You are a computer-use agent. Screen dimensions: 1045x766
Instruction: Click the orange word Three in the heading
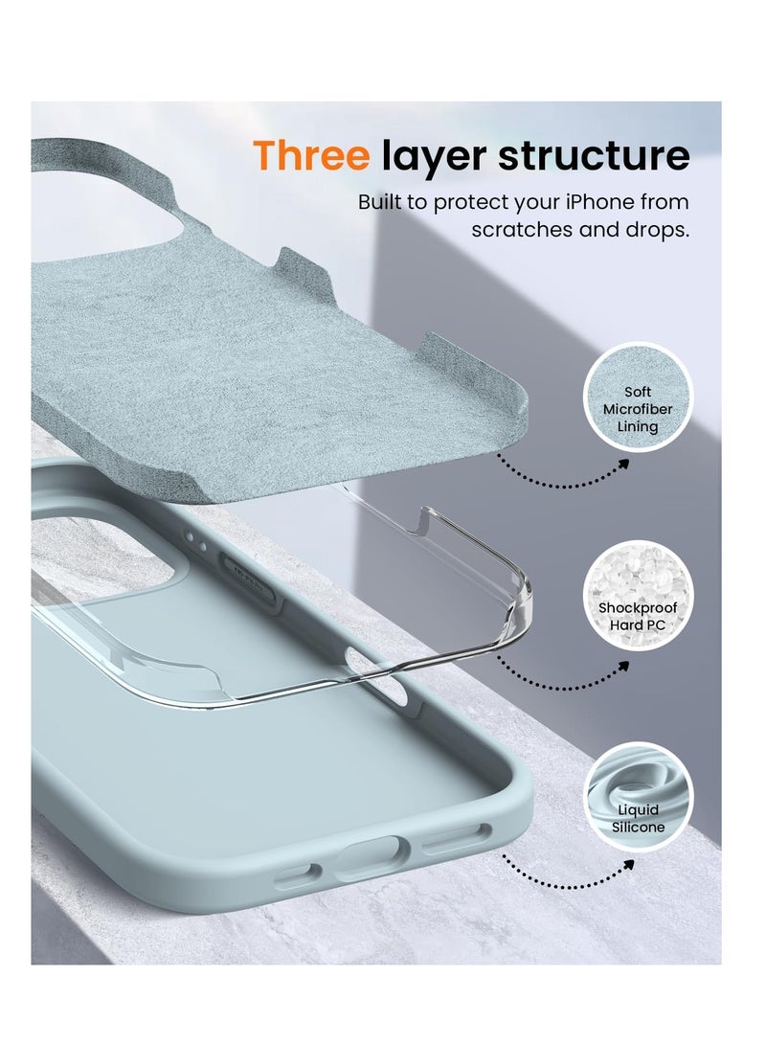pos(310,156)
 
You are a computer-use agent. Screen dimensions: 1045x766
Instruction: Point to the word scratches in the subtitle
pos(520,231)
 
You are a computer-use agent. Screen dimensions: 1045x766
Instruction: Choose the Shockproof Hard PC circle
pos(638,597)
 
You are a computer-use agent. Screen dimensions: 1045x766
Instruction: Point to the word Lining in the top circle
pos(638,427)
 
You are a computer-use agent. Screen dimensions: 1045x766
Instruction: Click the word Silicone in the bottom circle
pos(638,827)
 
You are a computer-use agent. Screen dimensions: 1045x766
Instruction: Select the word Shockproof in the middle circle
pos(638,608)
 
